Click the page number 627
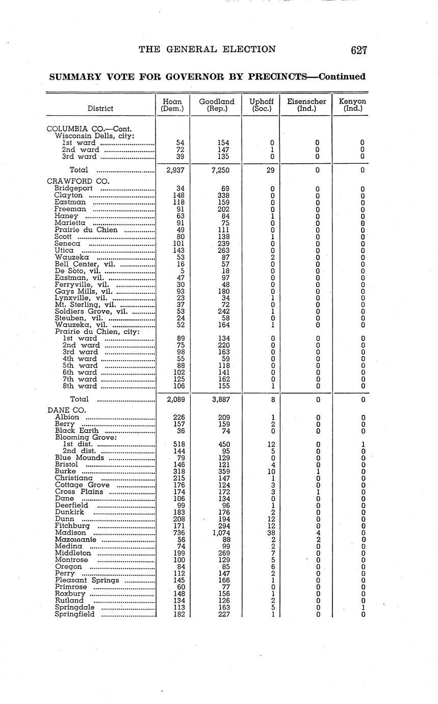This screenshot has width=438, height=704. click(x=359, y=50)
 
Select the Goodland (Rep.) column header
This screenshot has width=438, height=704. click(x=217, y=105)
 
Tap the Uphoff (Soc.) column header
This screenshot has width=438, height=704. click(x=261, y=105)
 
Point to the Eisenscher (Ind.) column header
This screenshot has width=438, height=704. click(x=306, y=105)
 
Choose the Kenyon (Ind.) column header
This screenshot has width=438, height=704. click(x=352, y=105)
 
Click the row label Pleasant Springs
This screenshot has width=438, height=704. click(x=87, y=580)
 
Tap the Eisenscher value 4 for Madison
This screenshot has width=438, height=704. click(x=318, y=533)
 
